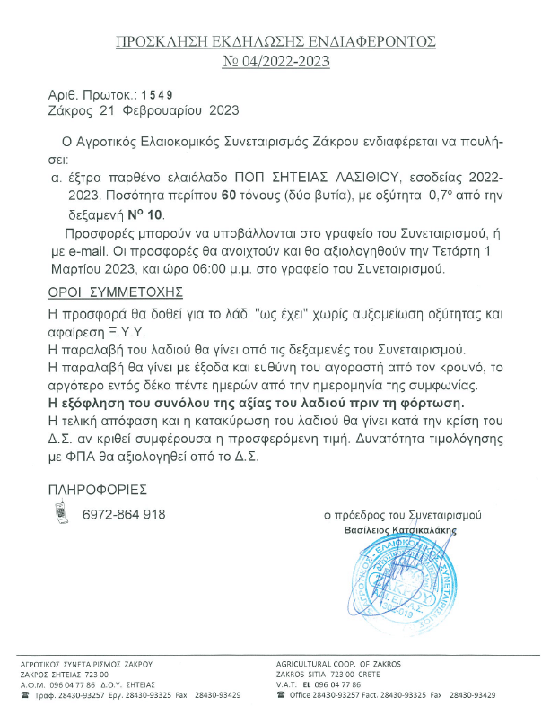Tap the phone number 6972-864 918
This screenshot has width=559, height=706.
(x=123, y=514)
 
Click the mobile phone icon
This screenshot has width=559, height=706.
(x=62, y=514)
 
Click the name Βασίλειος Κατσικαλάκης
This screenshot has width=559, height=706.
(x=401, y=530)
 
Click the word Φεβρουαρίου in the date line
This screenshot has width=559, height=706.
(x=162, y=112)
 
